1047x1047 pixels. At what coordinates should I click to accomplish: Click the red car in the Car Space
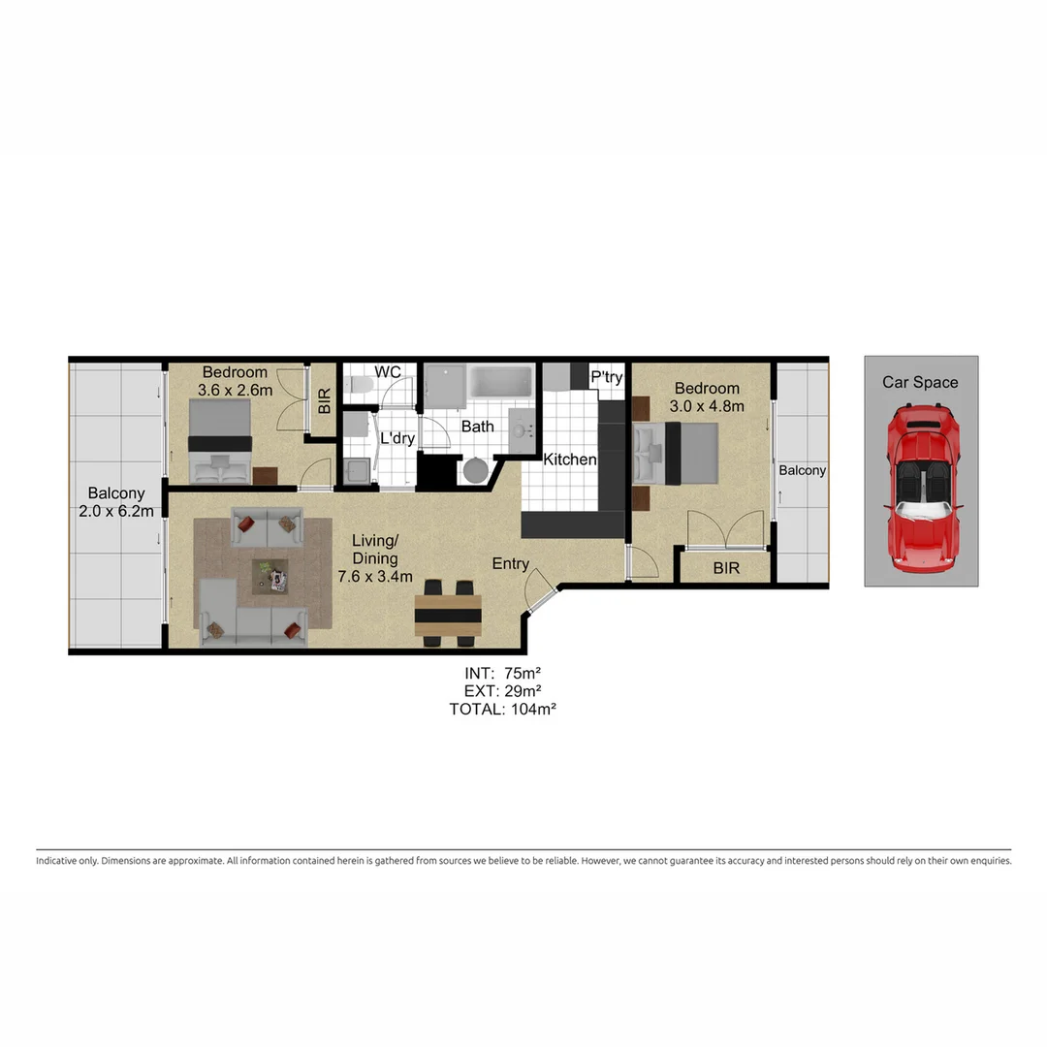point(921,489)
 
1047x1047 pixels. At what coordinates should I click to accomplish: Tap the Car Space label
point(920,382)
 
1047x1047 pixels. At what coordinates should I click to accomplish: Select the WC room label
point(388,372)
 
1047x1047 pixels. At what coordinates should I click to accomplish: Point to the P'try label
point(607,378)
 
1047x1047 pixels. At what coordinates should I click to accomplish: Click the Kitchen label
point(569,460)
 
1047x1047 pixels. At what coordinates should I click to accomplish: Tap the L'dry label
point(397,438)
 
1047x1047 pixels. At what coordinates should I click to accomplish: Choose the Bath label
point(478,427)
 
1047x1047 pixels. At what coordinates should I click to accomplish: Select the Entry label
point(511,564)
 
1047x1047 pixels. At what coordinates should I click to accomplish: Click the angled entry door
point(538,589)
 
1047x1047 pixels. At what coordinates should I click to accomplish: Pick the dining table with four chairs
point(448,615)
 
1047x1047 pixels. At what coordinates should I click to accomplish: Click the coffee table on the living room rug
point(270,577)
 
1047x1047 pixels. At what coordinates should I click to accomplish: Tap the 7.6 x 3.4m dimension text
point(375,577)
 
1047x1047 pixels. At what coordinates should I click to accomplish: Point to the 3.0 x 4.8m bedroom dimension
point(708,406)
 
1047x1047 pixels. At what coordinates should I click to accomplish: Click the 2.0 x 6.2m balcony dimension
point(116,512)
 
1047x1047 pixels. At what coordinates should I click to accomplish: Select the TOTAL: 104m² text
point(502,709)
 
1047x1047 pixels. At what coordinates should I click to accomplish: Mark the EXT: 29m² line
point(502,690)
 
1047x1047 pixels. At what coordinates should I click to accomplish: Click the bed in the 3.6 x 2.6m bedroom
point(220,441)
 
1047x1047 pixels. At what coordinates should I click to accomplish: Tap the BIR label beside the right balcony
point(726,568)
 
